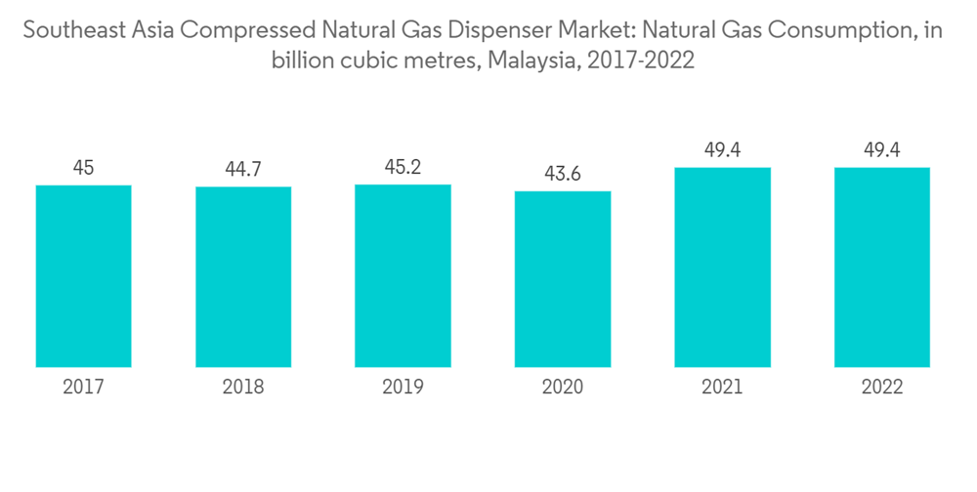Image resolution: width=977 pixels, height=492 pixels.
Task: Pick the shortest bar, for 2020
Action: [x=563, y=279]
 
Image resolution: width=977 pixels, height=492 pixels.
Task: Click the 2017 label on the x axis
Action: [x=83, y=388]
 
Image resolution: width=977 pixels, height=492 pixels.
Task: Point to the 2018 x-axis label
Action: [x=243, y=388]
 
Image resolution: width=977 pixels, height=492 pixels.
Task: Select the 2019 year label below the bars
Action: [x=403, y=388]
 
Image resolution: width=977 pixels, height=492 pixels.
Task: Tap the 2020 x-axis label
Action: [x=563, y=388]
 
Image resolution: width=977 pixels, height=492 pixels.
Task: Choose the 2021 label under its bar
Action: [x=722, y=388]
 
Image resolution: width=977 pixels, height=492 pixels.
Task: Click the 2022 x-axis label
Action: [x=882, y=388]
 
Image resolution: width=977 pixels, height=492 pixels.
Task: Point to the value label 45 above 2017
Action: [x=83, y=168]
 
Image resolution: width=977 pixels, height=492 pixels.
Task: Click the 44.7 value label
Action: [x=243, y=170]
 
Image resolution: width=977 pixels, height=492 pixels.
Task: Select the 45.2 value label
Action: [x=403, y=168]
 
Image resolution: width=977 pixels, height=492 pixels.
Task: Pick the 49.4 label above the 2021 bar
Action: [x=722, y=150]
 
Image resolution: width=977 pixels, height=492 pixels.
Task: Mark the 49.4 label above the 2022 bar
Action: [x=882, y=150]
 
